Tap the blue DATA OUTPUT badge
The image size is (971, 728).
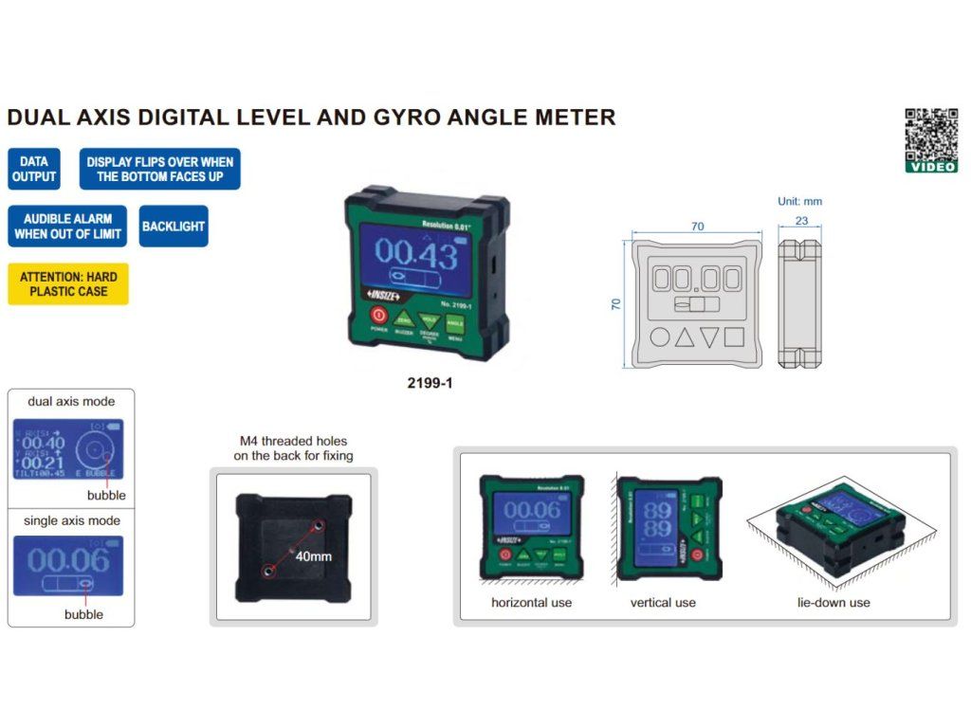[34, 169]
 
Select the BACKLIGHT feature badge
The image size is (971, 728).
[174, 227]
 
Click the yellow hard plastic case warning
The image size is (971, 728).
[68, 283]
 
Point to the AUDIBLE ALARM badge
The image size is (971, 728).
[68, 227]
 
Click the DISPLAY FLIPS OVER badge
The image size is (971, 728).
[159, 169]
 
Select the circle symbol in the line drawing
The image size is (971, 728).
[660, 337]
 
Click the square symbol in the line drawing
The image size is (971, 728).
[734, 337]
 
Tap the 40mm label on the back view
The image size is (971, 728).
[313, 555]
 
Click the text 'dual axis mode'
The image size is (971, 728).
[71, 401]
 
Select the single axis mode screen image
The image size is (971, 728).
[68, 566]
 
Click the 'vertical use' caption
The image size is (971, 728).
[663, 602]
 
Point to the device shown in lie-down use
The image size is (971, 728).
[839, 530]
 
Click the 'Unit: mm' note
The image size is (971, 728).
[799, 201]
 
